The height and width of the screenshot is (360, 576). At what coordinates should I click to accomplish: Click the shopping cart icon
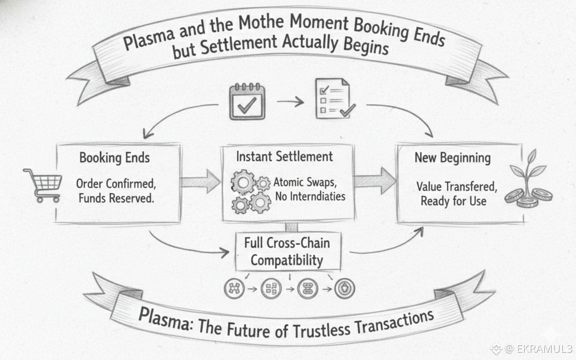(43, 184)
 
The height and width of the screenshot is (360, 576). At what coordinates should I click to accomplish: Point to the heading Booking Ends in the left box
(114, 158)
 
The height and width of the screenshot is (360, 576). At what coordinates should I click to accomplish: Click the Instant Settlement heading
(284, 157)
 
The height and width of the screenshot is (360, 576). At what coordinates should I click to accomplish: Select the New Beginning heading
(452, 158)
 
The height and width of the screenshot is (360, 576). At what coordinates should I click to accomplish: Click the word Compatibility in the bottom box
(287, 260)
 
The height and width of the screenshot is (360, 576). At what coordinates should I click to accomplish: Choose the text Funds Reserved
(116, 198)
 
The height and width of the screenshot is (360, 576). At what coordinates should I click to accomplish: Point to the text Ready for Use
(453, 201)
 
